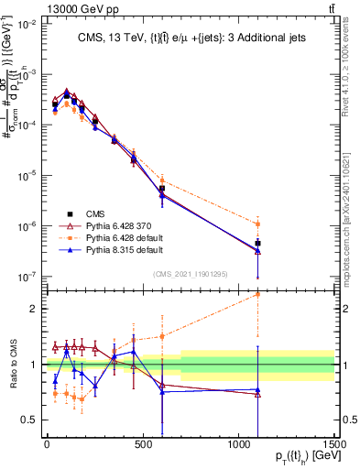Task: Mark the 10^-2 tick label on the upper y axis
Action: [x=27, y=25]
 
